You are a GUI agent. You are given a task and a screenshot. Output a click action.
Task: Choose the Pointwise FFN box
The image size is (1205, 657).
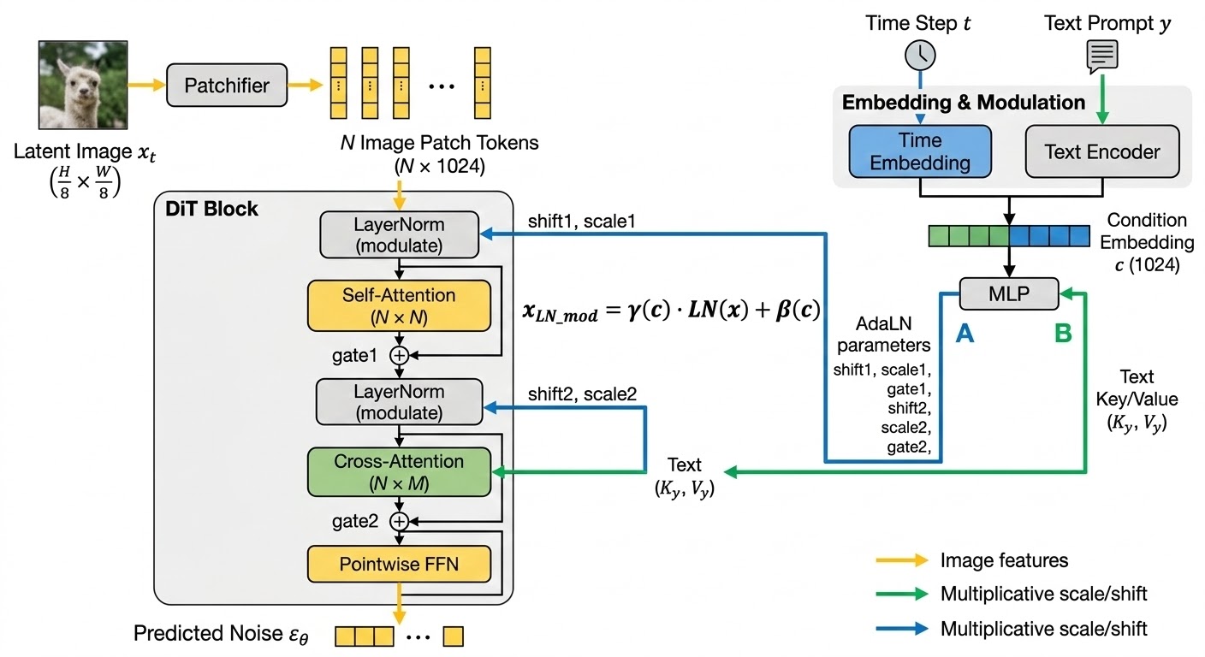pyautogui.click(x=400, y=564)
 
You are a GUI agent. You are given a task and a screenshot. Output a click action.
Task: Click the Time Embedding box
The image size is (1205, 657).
pyautogui.click(x=920, y=151)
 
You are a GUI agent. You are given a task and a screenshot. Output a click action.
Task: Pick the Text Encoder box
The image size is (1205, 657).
pyautogui.click(x=1102, y=151)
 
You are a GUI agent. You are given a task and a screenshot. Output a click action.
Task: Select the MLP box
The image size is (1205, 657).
pyautogui.click(x=1009, y=293)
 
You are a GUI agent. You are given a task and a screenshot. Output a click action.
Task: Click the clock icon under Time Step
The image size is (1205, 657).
pyautogui.click(x=920, y=55)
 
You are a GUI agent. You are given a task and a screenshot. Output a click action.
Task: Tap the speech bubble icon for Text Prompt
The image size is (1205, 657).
pyautogui.click(x=1101, y=55)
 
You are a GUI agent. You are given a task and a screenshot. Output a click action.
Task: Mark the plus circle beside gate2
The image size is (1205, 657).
pyautogui.click(x=399, y=521)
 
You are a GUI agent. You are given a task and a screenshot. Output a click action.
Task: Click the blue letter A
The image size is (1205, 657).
pyautogui.click(x=965, y=335)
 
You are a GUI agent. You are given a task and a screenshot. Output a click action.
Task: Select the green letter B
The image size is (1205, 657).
pyautogui.click(x=1063, y=335)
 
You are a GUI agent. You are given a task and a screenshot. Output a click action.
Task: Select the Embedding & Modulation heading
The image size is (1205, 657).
pyautogui.click(x=964, y=103)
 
